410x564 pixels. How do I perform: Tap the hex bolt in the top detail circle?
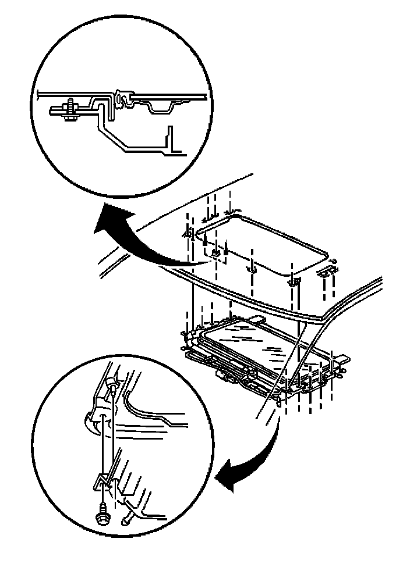69,110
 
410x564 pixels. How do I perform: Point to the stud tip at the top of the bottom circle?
112,384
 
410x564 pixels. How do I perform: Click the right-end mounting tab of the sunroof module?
344,366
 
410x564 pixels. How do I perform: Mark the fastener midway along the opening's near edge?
252,269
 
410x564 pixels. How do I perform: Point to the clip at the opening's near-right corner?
294,282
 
